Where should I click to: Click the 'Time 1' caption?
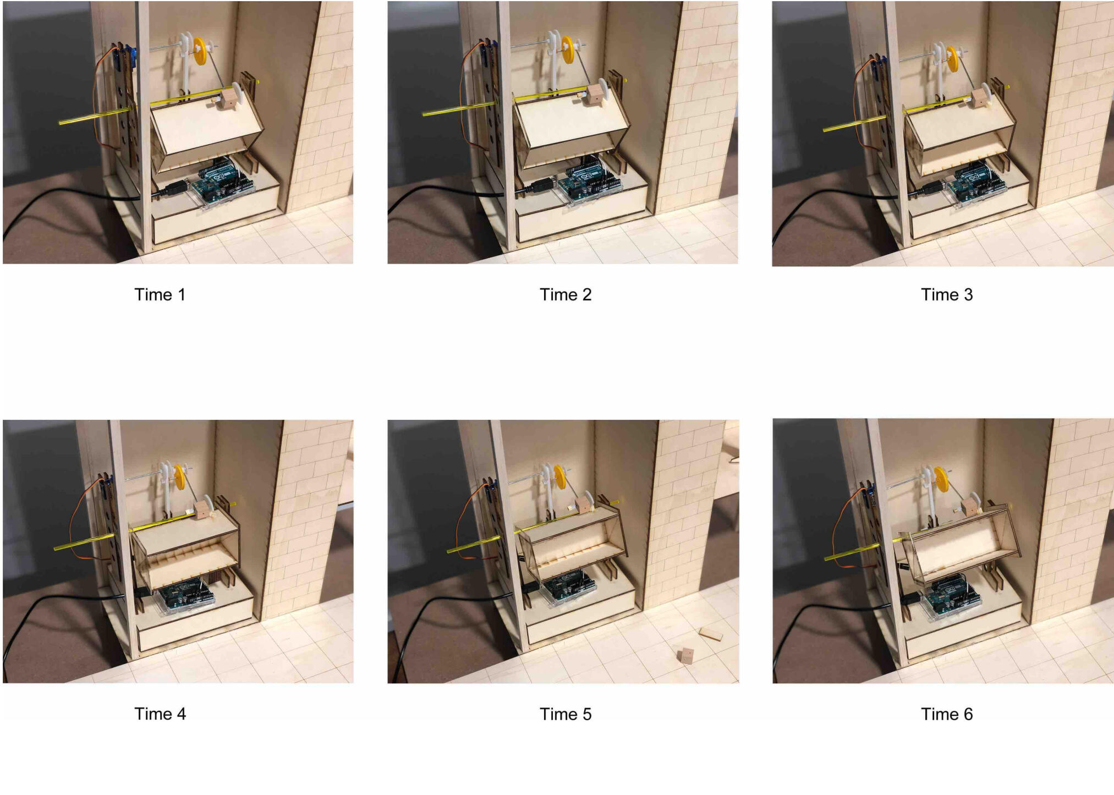point(160,294)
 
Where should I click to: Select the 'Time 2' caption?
point(566,294)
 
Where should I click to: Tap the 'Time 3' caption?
point(947,294)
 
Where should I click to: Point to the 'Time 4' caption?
point(160,714)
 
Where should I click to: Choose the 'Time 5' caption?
point(566,714)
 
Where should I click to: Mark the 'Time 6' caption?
point(947,714)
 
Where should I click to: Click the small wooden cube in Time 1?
point(229,99)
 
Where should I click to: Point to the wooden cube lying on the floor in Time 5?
point(685,655)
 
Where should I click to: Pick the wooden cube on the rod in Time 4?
point(203,508)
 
